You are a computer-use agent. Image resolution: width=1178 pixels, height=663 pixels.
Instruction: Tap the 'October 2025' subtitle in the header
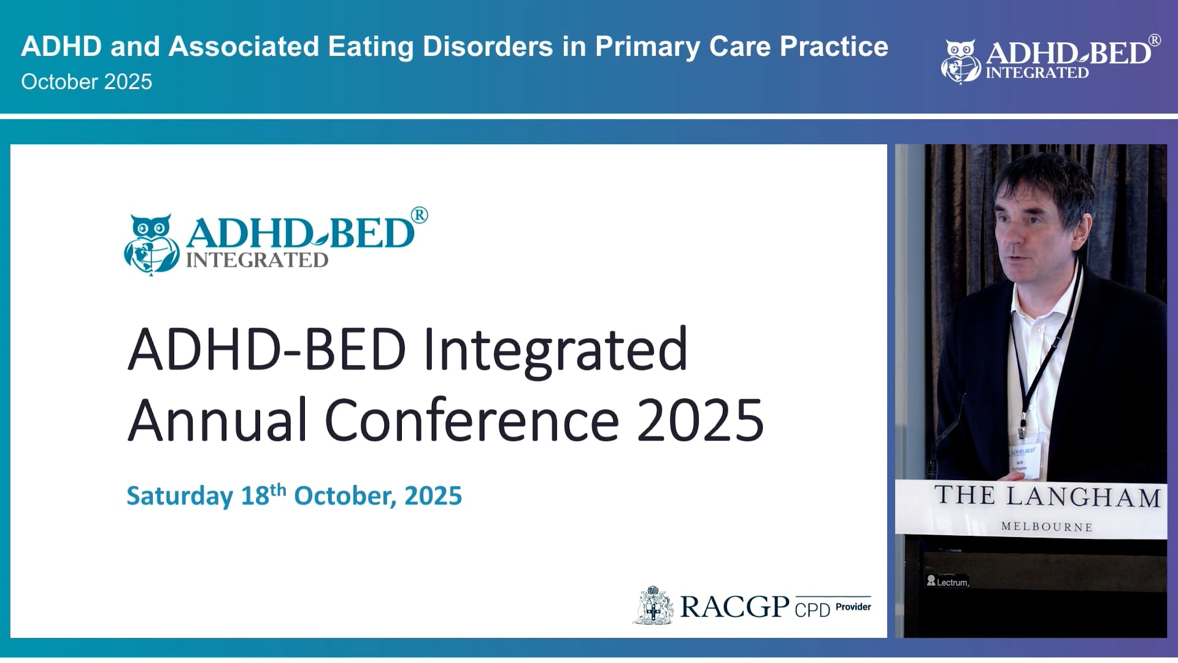[87, 82]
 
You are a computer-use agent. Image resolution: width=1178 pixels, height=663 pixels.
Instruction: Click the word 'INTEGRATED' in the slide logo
[257, 260]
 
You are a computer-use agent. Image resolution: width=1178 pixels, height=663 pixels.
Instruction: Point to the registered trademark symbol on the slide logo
[420, 215]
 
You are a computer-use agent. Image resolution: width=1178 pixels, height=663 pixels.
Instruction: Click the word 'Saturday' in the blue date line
[180, 496]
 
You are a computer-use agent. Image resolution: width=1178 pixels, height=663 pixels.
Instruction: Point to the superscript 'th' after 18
[278, 489]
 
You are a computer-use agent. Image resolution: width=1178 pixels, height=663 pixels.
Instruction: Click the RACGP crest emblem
[653, 606]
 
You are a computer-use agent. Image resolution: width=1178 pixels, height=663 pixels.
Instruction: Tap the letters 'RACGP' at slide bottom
[734, 607]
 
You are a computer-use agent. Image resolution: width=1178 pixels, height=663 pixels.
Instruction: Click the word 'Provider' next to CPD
[853, 607]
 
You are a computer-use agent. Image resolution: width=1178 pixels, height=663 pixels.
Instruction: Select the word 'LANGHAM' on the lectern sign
[1084, 497]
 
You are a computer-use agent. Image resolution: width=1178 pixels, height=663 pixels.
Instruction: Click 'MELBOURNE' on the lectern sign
[1047, 527]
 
